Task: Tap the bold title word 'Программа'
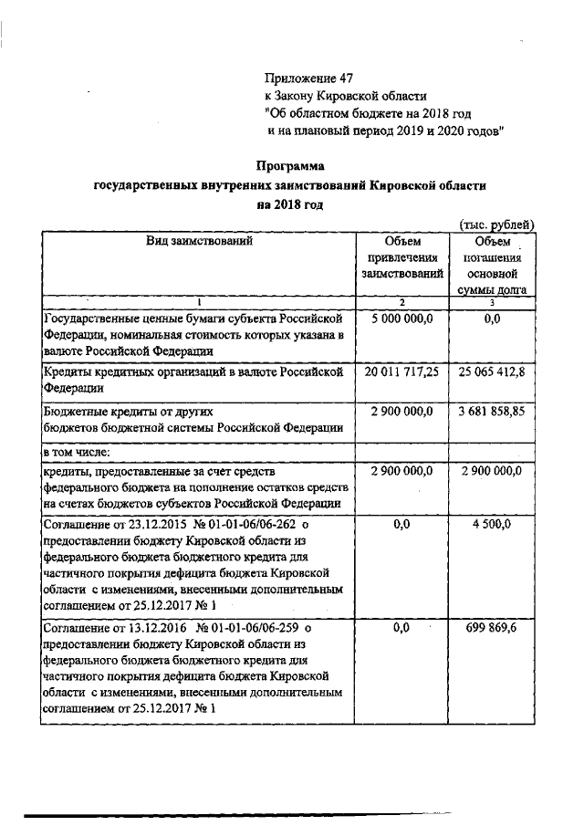click(x=290, y=166)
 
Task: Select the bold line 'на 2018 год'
click(x=290, y=204)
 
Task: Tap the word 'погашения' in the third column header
click(x=493, y=256)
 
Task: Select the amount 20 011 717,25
click(x=401, y=372)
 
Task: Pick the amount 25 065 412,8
click(x=493, y=372)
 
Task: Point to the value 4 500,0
click(x=493, y=526)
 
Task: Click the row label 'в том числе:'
click(x=77, y=452)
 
